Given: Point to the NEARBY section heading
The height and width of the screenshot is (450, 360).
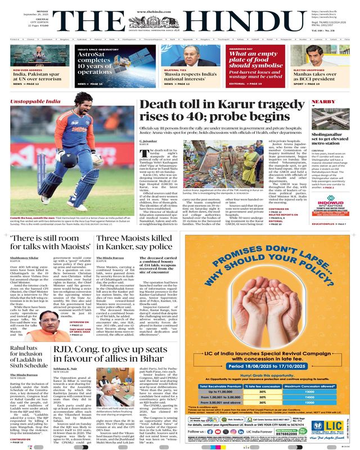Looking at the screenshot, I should [x=324, y=102].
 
